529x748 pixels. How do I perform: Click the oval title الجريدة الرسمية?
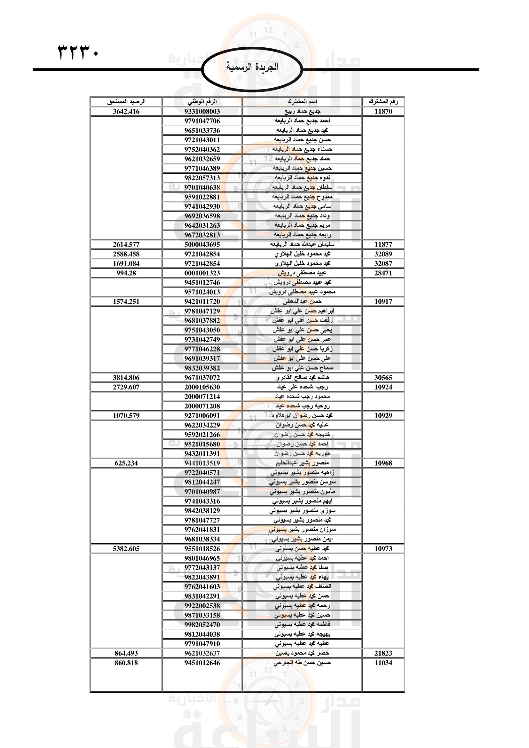coord(252,67)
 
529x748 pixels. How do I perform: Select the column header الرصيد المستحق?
coord(126,102)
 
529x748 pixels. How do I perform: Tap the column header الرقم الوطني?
coord(202,102)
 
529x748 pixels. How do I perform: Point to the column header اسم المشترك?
coord(302,102)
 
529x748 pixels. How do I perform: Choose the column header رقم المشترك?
coord(383,102)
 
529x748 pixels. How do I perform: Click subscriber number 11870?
coord(383,111)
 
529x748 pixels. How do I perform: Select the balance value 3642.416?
coord(126,111)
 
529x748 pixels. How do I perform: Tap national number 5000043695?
coord(202,244)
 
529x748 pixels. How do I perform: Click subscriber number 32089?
coord(383,254)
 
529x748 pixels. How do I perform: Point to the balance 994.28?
coord(126,273)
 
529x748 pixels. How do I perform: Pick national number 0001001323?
coord(202,273)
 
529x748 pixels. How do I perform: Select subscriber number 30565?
coord(383,378)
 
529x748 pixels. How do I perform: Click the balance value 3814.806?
coord(126,378)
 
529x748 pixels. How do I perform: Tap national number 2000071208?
coord(202,406)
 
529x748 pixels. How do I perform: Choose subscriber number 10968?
coord(383,463)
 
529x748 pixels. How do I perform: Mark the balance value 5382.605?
coord(126,549)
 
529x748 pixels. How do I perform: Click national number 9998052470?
coord(202,625)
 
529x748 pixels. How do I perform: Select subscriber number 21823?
coord(383,653)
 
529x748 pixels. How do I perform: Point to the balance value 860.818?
coord(126,663)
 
